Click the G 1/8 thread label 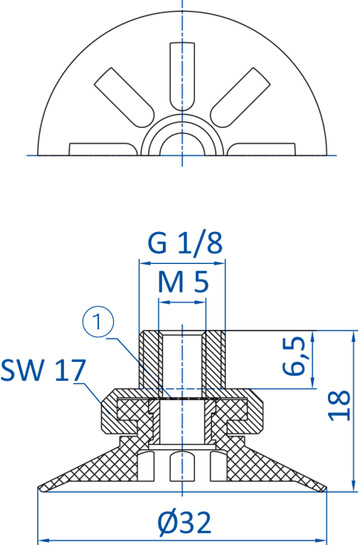pyautogui.click(x=185, y=243)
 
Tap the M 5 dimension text pyautogui.click(x=183, y=282)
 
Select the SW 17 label pyautogui.click(x=43, y=370)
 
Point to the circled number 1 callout pyautogui.click(x=98, y=322)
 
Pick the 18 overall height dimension pyautogui.click(x=340, y=406)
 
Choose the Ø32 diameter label pyautogui.click(x=185, y=522)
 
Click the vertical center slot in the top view pyautogui.click(x=182, y=76)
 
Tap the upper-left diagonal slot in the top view pyautogui.click(x=124, y=97)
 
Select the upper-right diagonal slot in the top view pyautogui.click(x=240, y=97)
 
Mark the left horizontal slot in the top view pyautogui.click(x=104, y=149)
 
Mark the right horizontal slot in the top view pyautogui.click(x=261, y=149)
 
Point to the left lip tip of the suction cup pyautogui.click(x=39, y=488)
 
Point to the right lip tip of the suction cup pyautogui.click(x=326, y=488)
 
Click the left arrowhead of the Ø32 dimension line pyautogui.click(x=42, y=540)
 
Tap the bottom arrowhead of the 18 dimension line pyautogui.click(x=354, y=487)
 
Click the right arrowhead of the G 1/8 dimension pyautogui.click(x=221, y=263)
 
